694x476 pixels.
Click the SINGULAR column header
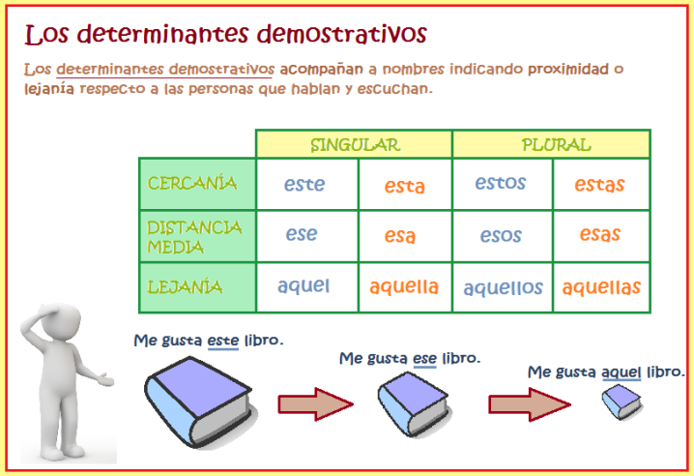coord(354,145)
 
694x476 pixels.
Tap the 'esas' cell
coord(600,234)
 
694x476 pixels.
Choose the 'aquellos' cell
coord(503,287)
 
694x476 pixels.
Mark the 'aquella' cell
coord(404,286)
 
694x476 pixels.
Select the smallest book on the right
coord(622,402)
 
